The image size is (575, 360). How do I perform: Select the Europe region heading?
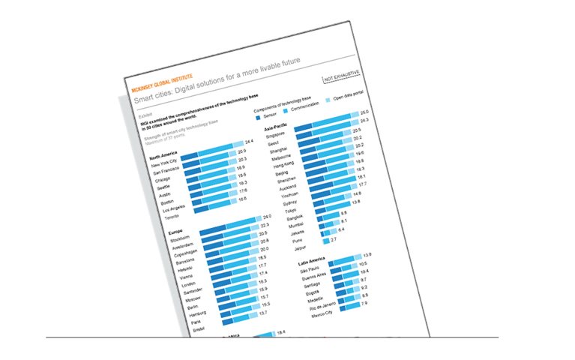click(x=175, y=232)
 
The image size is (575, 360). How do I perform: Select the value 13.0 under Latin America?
click(x=367, y=254)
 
